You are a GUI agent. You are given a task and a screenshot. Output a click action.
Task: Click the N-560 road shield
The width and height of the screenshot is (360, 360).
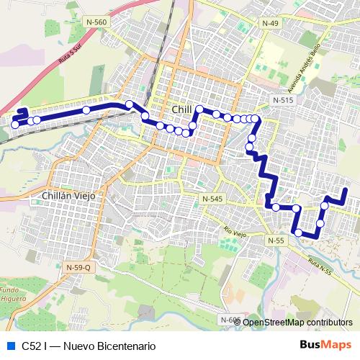point(96,23)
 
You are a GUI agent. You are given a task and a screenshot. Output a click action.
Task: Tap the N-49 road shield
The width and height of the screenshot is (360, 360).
point(270,24)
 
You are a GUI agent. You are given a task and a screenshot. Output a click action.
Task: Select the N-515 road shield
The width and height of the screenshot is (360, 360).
point(282,100)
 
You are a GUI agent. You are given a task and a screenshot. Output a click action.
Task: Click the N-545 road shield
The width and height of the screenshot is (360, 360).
point(212,198)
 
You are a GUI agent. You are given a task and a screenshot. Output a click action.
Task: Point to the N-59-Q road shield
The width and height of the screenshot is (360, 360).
point(78,268)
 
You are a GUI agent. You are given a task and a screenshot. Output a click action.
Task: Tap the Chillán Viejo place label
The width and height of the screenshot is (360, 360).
point(69,195)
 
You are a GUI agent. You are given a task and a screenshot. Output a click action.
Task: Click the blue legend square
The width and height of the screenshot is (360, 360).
point(9,345)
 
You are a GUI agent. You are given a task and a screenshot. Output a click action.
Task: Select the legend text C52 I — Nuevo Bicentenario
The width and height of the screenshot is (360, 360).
point(89,345)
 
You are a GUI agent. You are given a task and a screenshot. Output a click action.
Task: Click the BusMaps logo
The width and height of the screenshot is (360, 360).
point(325,345)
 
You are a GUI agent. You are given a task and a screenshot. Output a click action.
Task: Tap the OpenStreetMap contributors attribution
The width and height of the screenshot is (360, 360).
point(297,322)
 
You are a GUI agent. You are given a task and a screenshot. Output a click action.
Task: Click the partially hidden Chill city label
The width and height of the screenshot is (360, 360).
point(181,109)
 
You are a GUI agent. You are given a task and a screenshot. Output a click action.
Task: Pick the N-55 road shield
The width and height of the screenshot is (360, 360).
point(274,240)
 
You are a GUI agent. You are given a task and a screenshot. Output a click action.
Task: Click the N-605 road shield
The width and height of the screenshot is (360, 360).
point(229,319)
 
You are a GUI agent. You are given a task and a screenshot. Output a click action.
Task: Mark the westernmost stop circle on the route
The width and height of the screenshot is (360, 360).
point(14,125)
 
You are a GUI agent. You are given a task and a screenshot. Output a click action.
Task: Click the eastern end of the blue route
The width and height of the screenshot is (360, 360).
point(346,190)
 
